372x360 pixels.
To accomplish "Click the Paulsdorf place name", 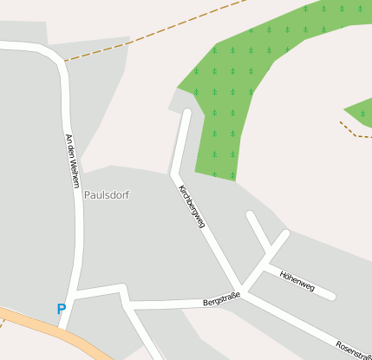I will tap(107, 195).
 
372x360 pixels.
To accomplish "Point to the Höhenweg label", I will tap(297, 280).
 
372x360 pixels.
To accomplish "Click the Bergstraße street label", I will tap(220, 299).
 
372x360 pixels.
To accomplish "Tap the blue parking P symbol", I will tap(61, 308).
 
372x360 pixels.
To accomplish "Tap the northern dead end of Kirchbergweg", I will tap(186, 113).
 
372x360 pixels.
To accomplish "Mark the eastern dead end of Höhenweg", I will tap(331, 297).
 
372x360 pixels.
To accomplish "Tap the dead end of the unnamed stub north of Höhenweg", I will tap(250, 214).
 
